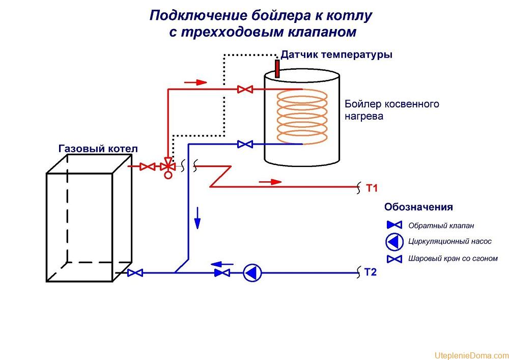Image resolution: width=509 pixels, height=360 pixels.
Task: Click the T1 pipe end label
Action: [x=372, y=188]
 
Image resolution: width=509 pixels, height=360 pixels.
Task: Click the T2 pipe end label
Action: [x=371, y=272]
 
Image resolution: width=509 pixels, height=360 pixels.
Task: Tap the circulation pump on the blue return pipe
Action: [x=252, y=273]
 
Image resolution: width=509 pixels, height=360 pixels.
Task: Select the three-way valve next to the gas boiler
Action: [x=167, y=167]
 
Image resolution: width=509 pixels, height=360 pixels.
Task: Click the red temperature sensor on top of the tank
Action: [x=277, y=68]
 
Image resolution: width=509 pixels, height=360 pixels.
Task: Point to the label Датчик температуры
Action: [x=336, y=54]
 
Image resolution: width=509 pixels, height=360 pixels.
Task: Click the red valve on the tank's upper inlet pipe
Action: [x=245, y=90]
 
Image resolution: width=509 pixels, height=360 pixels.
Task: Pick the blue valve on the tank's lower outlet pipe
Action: [x=245, y=144]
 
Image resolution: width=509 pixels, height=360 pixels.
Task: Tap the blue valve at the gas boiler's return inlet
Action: [x=135, y=273]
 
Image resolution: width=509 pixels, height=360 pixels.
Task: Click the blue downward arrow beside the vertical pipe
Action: [x=197, y=218]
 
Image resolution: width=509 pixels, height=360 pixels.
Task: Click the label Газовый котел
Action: [x=98, y=149]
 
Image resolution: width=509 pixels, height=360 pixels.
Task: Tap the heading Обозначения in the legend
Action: [x=418, y=207]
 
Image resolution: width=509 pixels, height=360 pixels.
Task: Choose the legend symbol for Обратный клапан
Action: [x=394, y=225]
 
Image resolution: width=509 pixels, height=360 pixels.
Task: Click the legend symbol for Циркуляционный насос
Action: [x=394, y=241]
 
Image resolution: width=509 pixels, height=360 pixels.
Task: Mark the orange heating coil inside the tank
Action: [x=302, y=117]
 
